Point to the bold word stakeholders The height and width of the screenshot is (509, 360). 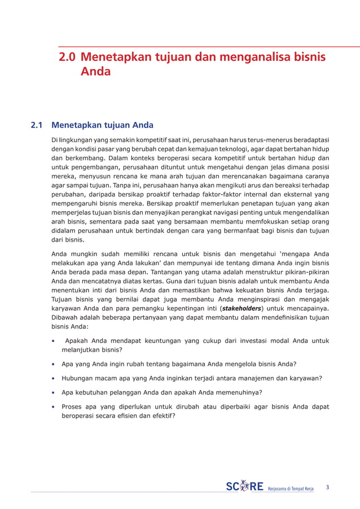coord(242,309)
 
